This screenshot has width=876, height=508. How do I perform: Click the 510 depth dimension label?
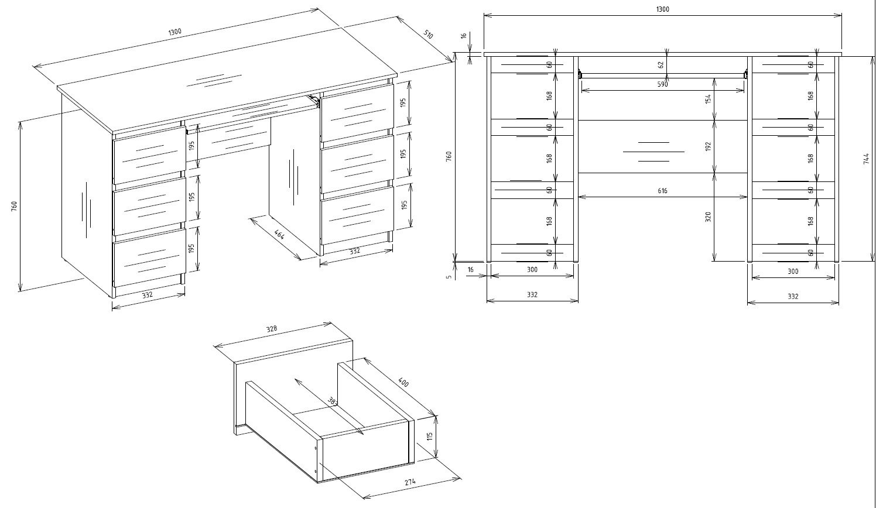point(428,35)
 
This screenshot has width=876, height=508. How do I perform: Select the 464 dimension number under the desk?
point(279,234)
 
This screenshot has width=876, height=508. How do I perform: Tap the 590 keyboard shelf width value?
point(662,84)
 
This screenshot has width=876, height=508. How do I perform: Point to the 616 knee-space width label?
point(662,191)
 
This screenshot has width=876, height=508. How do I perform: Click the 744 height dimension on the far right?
point(866,158)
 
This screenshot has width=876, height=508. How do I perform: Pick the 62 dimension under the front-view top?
point(661,65)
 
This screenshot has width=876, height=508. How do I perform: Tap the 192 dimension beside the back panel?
point(707,146)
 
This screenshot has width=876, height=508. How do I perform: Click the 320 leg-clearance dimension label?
point(707,217)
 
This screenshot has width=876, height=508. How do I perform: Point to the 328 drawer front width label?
point(271,329)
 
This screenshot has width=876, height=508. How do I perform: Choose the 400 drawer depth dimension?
point(403,382)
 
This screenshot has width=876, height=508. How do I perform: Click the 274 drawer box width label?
point(410,482)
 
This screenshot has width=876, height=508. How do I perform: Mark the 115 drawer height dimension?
point(430,437)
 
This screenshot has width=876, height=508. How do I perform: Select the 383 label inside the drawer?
point(333,401)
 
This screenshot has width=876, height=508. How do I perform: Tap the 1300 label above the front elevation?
point(662,9)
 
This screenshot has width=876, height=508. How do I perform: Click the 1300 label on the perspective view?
point(175,32)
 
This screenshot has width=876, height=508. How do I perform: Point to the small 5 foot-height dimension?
point(449,277)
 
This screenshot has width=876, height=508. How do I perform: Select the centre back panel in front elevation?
point(662,146)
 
